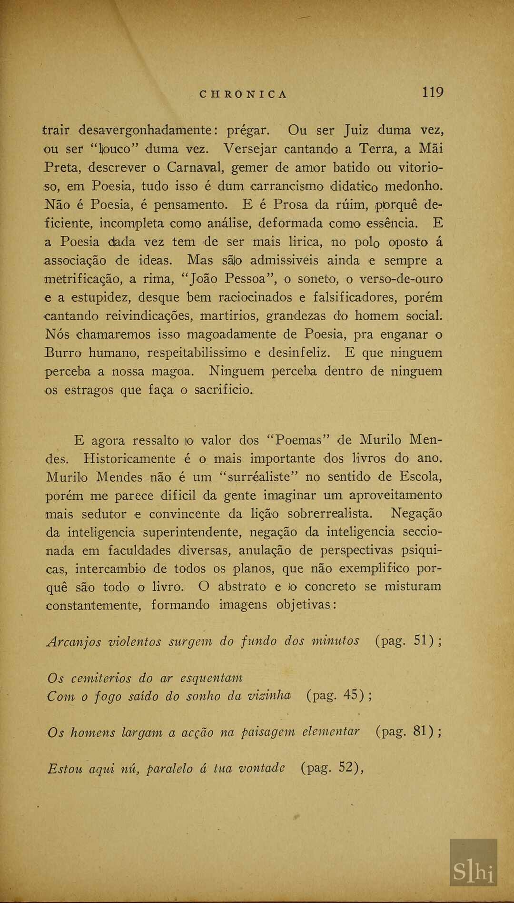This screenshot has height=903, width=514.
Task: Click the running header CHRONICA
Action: (244, 94)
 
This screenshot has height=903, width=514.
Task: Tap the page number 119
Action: (433, 92)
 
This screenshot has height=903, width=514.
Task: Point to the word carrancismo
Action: (287, 186)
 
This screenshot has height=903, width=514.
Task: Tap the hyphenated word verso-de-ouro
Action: (401, 279)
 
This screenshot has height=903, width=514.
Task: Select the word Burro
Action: (63, 353)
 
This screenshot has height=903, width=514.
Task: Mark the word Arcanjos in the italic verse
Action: (74, 641)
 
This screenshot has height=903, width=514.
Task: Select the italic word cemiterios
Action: (101, 678)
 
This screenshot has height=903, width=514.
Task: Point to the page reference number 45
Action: (350, 695)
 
